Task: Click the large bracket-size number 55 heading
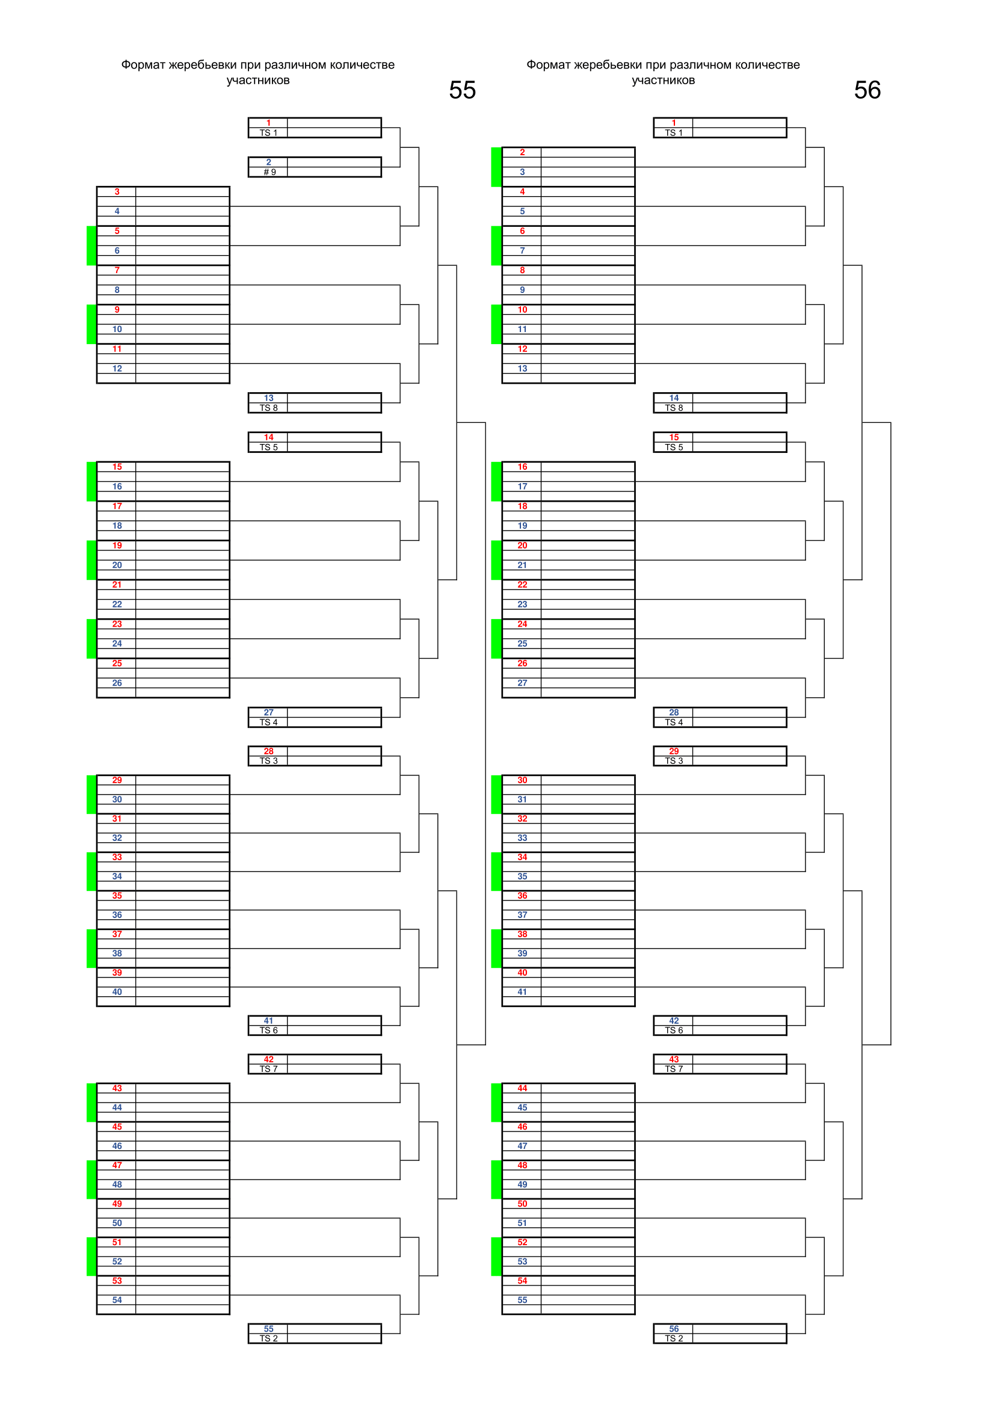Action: pos(462,90)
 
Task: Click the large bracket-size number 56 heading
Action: pos(867,90)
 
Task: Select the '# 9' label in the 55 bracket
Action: pos(270,172)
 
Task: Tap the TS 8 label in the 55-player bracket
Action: pos(268,408)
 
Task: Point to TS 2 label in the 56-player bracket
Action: pos(674,1338)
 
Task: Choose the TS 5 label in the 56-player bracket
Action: pos(674,448)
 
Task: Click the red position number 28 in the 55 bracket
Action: pos(268,751)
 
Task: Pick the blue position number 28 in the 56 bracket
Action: pos(674,713)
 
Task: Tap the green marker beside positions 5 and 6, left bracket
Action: pos(91,246)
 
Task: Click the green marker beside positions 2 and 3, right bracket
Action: pos(496,167)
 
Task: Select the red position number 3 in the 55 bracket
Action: pos(117,192)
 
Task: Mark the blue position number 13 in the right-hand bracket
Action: pos(522,369)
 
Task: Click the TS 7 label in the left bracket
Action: pos(268,1069)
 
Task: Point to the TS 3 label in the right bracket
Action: pos(674,760)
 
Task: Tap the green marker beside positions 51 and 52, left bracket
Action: pos(91,1256)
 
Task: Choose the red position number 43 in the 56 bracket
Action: pos(674,1059)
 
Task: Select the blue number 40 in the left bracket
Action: pos(117,992)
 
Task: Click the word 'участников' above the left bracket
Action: pos(258,80)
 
